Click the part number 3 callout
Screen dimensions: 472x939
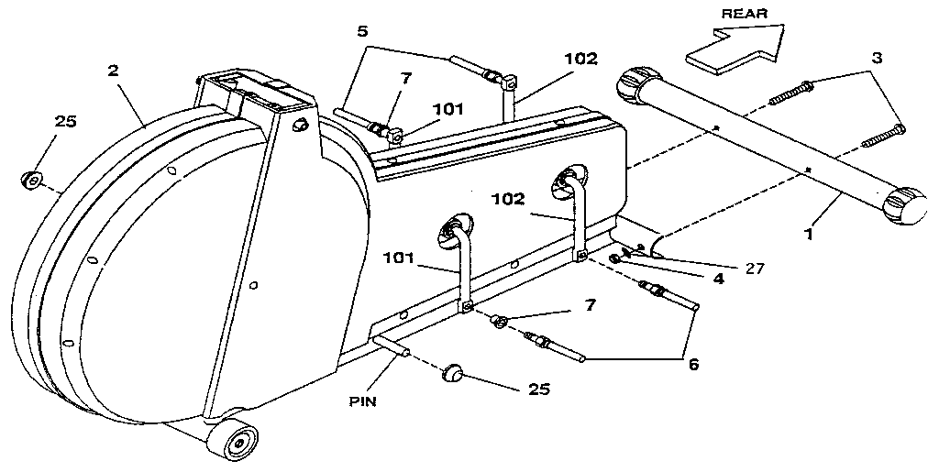pos(877,58)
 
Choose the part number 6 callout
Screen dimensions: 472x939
pos(693,364)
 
